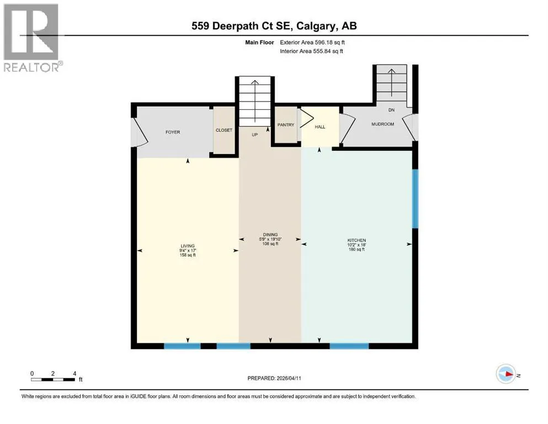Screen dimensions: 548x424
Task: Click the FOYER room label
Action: pyautogui.click(x=173, y=132)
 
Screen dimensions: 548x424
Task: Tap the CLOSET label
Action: pyautogui.click(x=224, y=130)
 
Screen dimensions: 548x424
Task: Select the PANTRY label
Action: pyautogui.click(x=286, y=125)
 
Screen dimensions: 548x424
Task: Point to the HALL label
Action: pyautogui.click(x=320, y=127)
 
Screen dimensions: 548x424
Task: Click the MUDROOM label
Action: pyautogui.click(x=382, y=124)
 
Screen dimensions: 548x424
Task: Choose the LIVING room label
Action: pyautogui.click(x=188, y=246)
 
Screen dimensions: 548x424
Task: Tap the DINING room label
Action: pyautogui.click(x=270, y=235)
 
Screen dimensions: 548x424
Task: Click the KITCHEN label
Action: pyautogui.click(x=357, y=241)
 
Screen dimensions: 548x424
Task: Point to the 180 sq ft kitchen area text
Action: pyautogui.click(x=357, y=250)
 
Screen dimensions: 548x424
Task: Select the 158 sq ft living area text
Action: pyautogui.click(x=188, y=255)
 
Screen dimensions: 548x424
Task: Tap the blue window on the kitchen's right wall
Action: pyautogui.click(x=415, y=199)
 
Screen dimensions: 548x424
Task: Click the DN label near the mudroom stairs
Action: pyautogui.click(x=391, y=110)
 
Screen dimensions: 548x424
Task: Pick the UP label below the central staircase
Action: pyautogui.click(x=255, y=135)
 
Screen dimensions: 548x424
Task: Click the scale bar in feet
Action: pyautogui.click(x=53, y=380)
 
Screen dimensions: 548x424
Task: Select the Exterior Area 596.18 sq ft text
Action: pyautogui.click(x=312, y=43)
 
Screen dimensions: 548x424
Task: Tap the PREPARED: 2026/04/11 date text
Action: pyautogui.click(x=274, y=378)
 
